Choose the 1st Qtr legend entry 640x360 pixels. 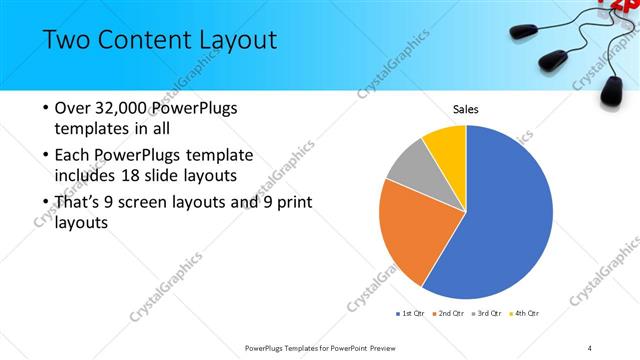(x=410, y=314)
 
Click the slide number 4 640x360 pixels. (x=590, y=347)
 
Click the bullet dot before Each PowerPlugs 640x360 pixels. (x=44, y=155)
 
